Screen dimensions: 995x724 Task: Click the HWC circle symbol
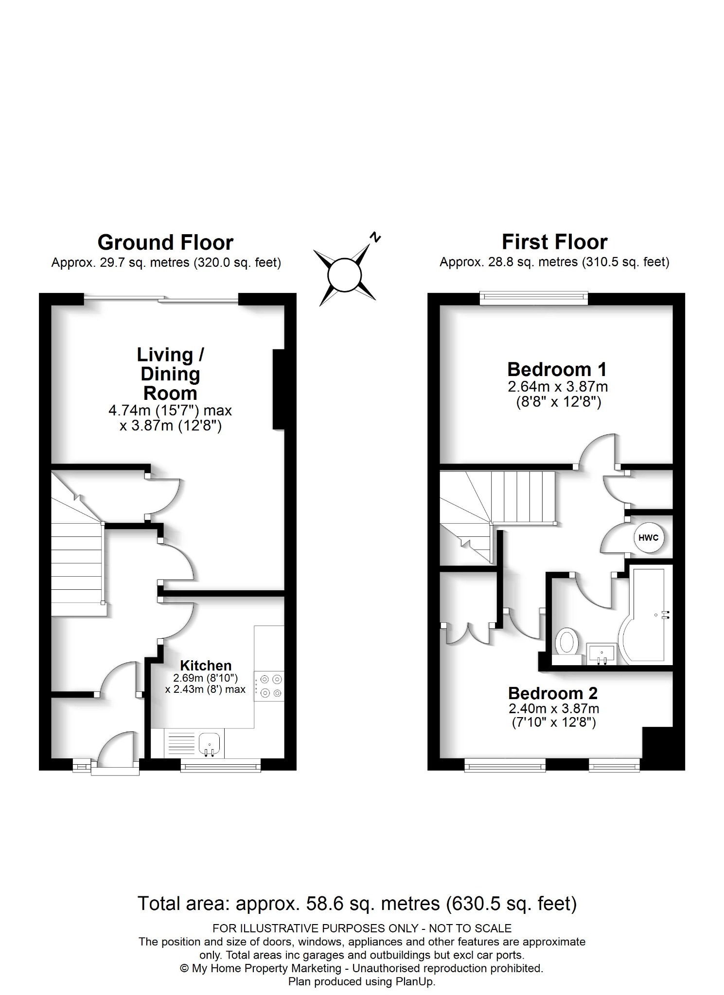pyautogui.click(x=649, y=537)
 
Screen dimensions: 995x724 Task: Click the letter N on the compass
pyautogui.click(x=375, y=238)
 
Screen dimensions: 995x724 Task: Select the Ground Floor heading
pyautogui.click(x=165, y=242)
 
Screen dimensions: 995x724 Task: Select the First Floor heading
pyautogui.click(x=554, y=242)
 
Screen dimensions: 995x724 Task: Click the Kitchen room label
pyautogui.click(x=206, y=665)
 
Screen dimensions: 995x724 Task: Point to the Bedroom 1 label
pyautogui.click(x=557, y=370)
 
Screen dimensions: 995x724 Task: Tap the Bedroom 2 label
pyautogui.click(x=553, y=693)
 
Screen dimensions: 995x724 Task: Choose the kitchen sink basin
pyautogui.click(x=210, y=742)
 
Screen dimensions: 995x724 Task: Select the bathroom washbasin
pyautogui.click(x=602, y=652)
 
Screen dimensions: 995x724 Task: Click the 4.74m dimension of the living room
pyautogui.click(x=125, y=411)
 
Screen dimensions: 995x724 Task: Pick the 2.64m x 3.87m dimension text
pyautogui.click(x=558, y=387)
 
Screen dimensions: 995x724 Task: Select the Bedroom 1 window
pyautogui.click(x=533, y=297)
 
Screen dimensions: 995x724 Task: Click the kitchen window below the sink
pyautogui.click(x=220, y=767)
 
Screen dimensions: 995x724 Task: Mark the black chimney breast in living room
pyautogui.click(x=278, y=390)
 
